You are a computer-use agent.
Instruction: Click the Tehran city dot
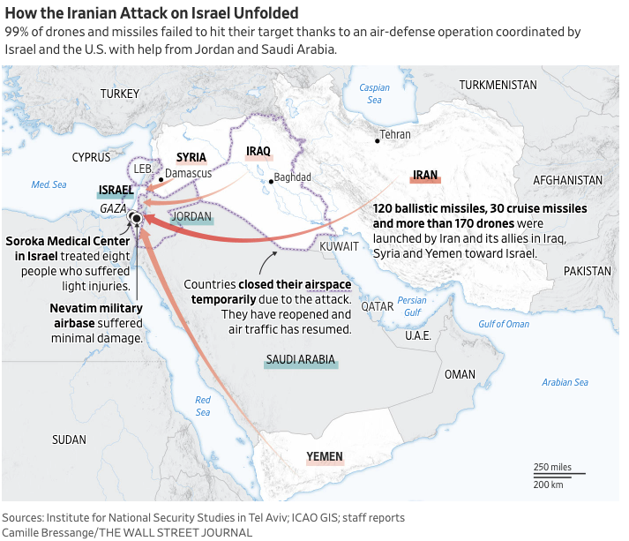[x=378, y=141]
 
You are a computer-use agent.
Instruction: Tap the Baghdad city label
[x=292, y=177]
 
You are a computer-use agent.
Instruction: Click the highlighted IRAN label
[x=425, y=175]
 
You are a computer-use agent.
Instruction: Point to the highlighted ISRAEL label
[x=116, y=190]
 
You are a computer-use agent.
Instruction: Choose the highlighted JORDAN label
[x=191, y=216]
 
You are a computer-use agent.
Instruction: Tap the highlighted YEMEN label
[x=324, y=456]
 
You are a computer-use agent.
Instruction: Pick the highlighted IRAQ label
[x=258, y=152]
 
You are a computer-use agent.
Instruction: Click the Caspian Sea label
[x=374, y=94]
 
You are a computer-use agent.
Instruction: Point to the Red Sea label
[x=203, y=406]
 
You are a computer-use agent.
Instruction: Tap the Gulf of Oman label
[x=504, y=324]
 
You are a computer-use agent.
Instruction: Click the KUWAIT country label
[x=340, y=246]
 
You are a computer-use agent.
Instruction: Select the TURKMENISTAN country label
[x=498, y=85]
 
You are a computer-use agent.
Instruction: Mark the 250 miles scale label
[x=552, y=467]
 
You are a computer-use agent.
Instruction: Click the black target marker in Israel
[x=136, y=217]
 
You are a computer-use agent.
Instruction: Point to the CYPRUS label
[x=91, y=157]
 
